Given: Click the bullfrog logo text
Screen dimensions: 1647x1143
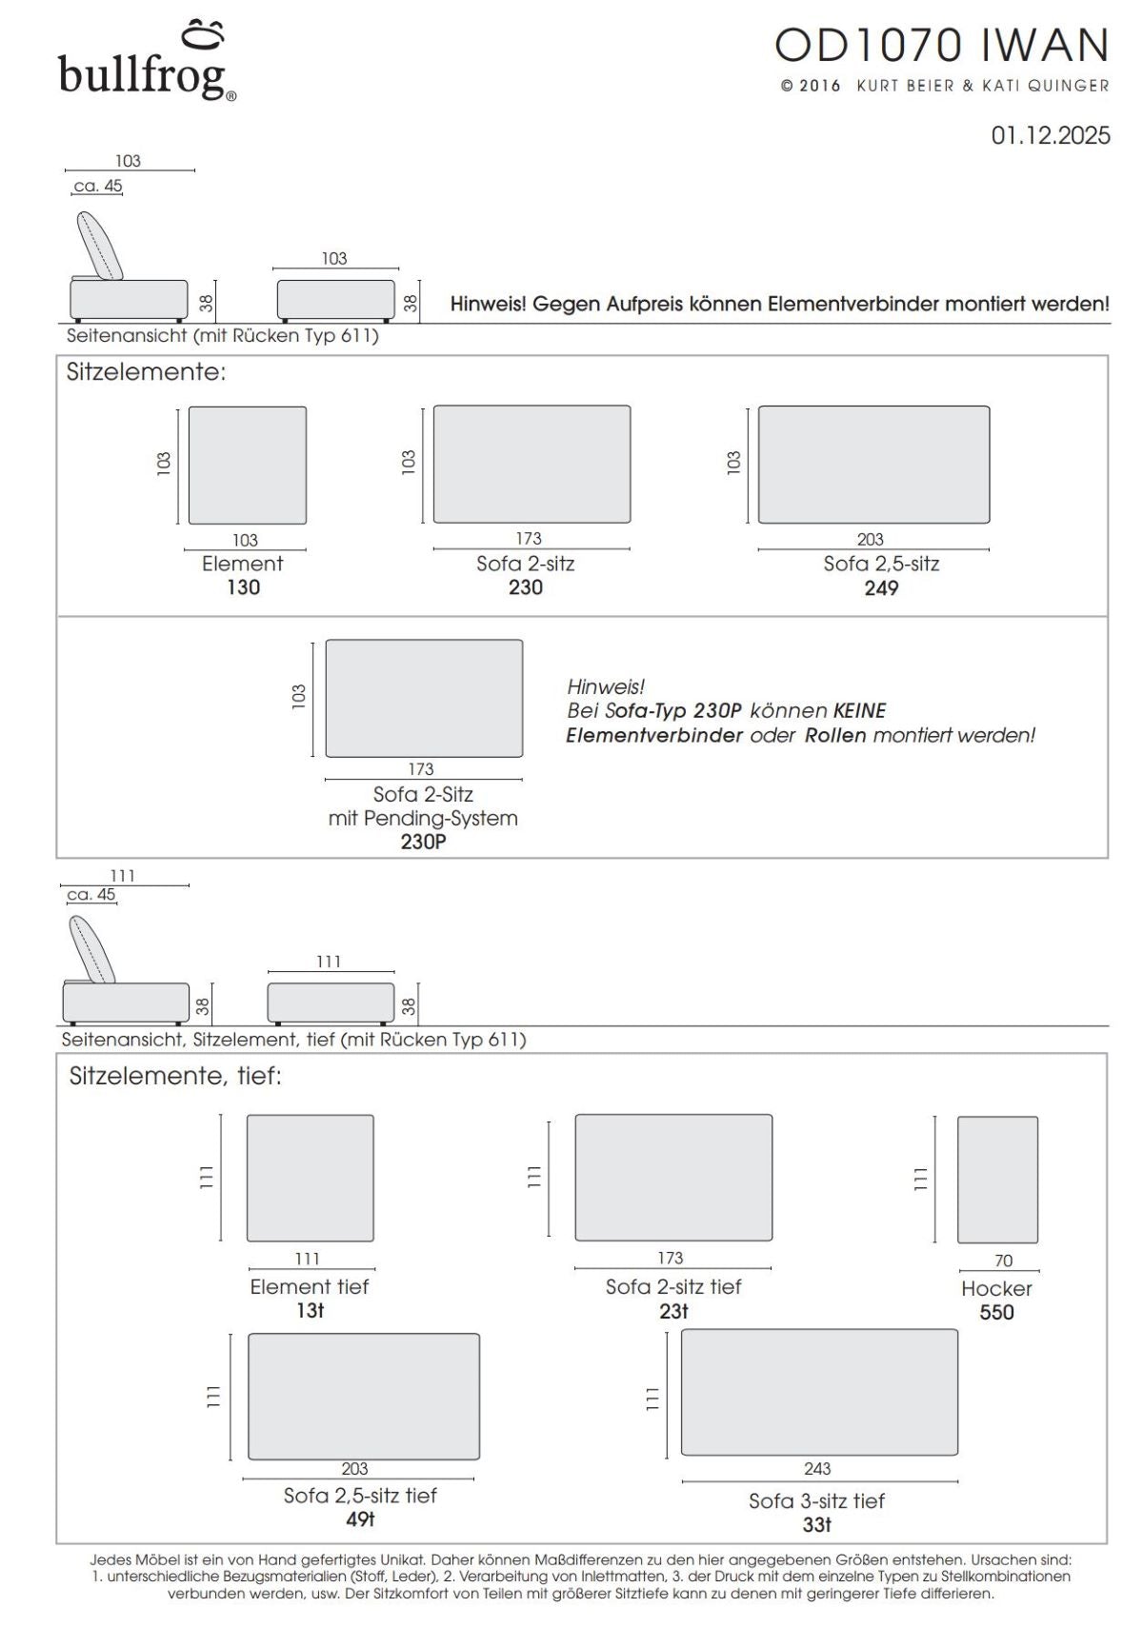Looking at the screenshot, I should (143, 74).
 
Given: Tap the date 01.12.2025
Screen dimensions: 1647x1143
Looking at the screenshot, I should (1050, 135).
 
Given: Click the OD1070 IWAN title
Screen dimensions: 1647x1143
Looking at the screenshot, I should (942, 46).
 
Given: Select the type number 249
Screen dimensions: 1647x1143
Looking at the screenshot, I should (881, 588).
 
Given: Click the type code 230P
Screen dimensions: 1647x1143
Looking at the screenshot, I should (423, 842).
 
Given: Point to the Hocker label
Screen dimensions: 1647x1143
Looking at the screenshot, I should (996, 1288).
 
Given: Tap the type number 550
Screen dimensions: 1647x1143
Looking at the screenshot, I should (996, 1312).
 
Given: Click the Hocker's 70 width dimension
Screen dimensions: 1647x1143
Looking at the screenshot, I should (1003, 1260).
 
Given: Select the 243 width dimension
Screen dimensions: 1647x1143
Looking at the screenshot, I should (817, 1469).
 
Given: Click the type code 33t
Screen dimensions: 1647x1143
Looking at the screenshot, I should (817, 1524).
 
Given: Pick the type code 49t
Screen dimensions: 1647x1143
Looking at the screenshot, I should (360, 1518).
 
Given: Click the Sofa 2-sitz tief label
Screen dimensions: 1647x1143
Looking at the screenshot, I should (672, 1287).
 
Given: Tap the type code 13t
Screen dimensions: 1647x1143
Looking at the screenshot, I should (311, 1311).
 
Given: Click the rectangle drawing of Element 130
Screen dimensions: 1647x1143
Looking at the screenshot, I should (248, 466).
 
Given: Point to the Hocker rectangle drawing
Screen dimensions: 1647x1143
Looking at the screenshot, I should (997, 1180).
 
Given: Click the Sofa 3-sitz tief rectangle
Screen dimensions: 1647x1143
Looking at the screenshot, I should (819, 1392).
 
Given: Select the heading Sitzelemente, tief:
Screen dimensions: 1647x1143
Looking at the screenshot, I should (175, 1077).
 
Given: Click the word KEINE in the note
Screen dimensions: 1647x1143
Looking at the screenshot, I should (859, 711).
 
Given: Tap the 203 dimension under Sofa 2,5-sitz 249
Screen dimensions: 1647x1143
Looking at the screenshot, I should (870, 539).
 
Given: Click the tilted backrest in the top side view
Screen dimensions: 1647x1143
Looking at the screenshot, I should (100, 245).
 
